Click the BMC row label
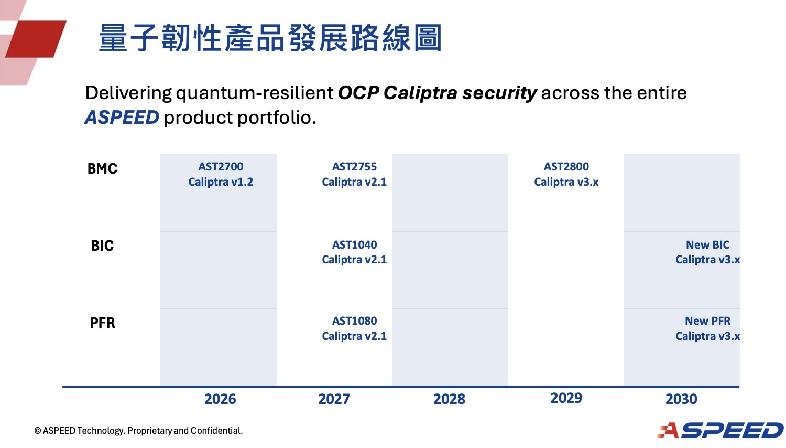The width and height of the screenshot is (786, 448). (x=102, y=169)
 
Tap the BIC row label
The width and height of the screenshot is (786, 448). (x=102, y=246)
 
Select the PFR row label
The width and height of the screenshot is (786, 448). (x=102, y=323)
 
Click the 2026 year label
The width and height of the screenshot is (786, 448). (x=220, y=399)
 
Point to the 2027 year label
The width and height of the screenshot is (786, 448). (x=334, y=399)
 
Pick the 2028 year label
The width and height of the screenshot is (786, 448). (x=449, y=399)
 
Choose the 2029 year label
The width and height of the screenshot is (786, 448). (x=566, y=398)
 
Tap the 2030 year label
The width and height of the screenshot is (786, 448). (x=681, y=399)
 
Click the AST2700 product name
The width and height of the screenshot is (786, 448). (x=221, y=167)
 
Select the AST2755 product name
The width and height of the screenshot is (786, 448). (x=354, y=167)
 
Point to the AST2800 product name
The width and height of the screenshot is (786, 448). (x=566, y=167)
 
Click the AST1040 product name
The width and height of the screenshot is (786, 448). (x=354, y=245)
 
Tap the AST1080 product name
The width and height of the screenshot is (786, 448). (x=354, y=321)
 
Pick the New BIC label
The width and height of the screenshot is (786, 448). (x=707, y=245)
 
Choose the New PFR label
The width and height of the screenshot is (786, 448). (x=707, y=321)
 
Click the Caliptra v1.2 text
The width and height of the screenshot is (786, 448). (x=221, y=182)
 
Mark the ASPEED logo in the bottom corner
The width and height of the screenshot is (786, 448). (x=720, y=430)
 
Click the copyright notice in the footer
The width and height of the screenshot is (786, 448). (x=138, y=431)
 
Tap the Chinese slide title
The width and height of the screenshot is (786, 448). (x=270, y=38)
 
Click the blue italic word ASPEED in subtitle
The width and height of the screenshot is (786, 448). (x=122, y=118)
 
